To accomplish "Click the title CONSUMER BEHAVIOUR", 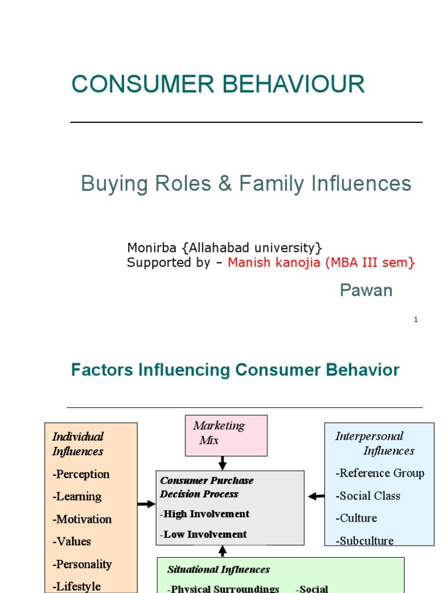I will click(x=218, y=85).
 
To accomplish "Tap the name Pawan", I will click(x=366, y=291).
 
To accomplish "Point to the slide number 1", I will click(x=416, y=320).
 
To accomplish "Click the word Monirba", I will click(x=152, y=248).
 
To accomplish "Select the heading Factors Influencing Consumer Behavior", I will click(x=235, y=371).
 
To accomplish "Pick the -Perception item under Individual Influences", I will click(x=81, y=474).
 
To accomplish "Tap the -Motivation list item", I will click(x=82, y=519).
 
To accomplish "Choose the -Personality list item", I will click(x=82, y=564).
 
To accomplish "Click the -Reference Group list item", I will click(x=380, y=473).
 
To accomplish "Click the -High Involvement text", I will click(x=205, y=514).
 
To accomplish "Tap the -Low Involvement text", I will click(x=203, y=535).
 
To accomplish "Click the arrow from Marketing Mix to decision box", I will click(x=222, y=463).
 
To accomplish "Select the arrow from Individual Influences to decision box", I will click(x=147, y=504).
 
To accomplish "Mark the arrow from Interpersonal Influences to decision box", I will click(x=316, y=496).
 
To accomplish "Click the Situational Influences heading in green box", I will click(x=218, y=570).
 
